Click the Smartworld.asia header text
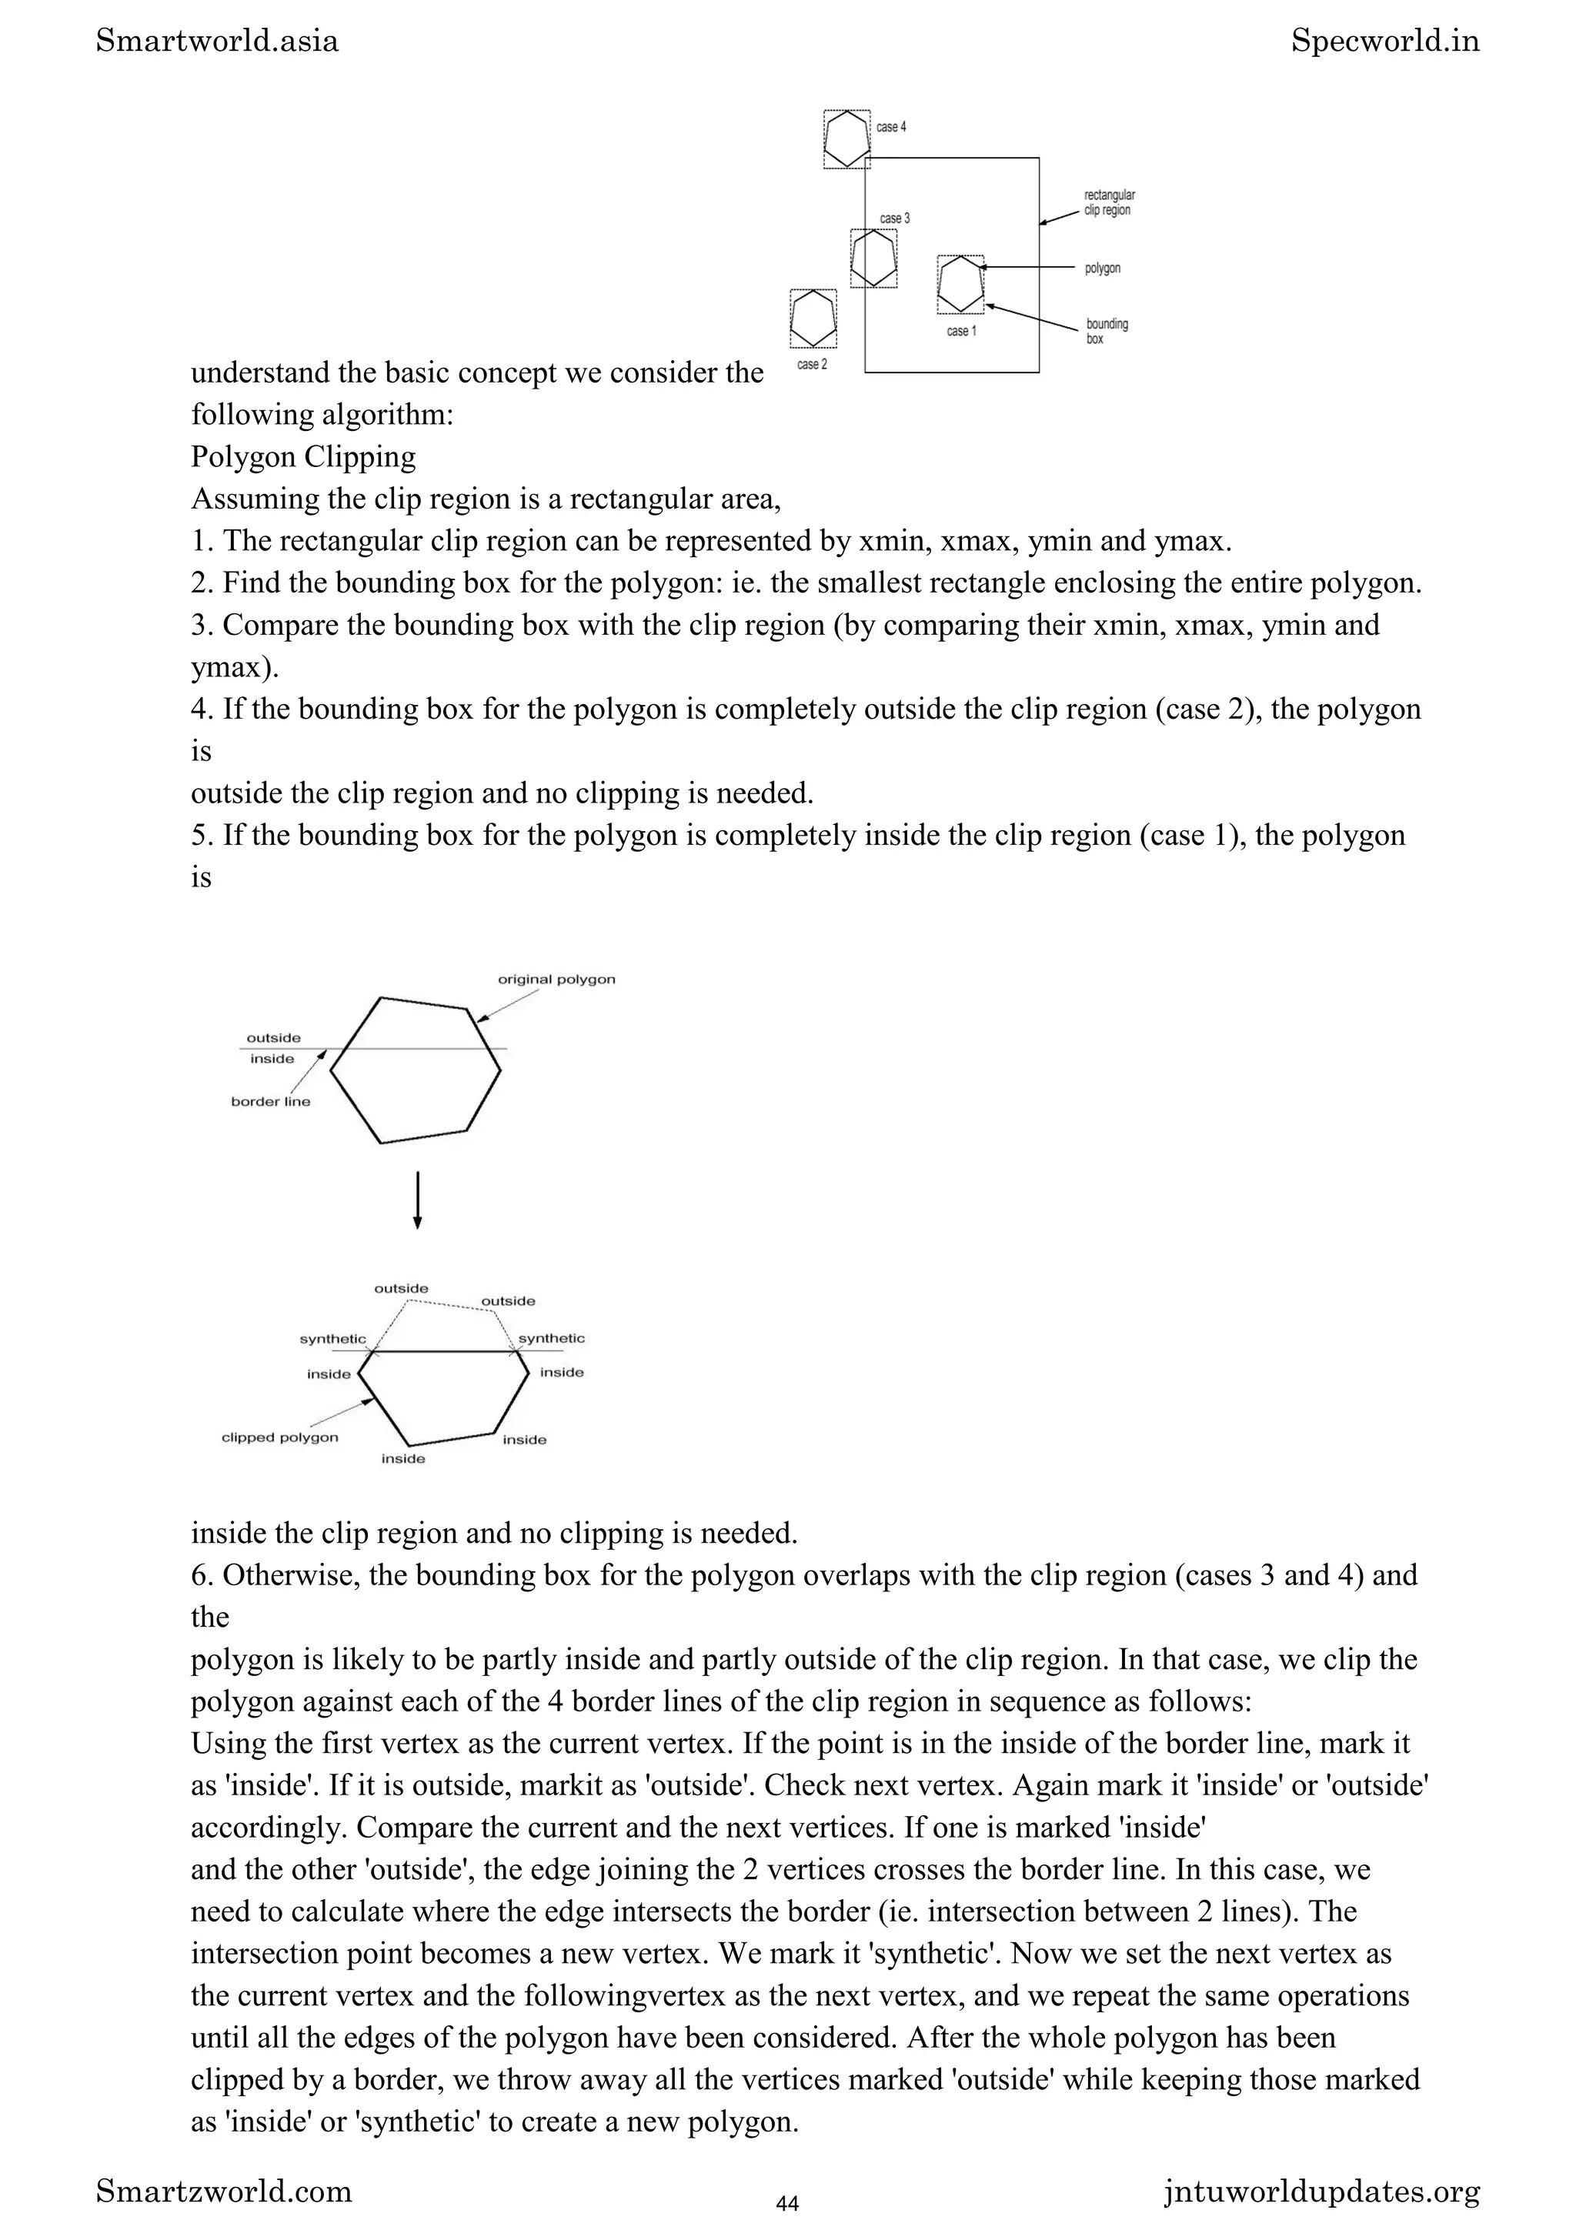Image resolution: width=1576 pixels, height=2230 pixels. (x=218, y=41)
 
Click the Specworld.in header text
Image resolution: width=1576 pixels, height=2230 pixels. (x=1384, y=41)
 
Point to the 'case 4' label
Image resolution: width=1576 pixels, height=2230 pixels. (x=890, y=127)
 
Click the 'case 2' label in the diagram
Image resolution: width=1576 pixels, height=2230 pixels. (x=812, y=364)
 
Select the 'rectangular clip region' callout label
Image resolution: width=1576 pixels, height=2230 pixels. (x=1108, y=203)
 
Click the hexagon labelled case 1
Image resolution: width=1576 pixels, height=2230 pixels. (x=960, y=284)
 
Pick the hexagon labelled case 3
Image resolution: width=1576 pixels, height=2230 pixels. (x=873, y=259)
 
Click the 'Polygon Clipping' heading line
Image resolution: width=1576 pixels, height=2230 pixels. (x=303, y=456)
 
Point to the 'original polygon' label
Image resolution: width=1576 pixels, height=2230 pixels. (x=556, y=979)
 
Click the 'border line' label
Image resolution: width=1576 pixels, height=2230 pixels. (x=270, y=1101)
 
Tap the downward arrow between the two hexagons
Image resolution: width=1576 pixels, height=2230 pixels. (x=418, y=1200)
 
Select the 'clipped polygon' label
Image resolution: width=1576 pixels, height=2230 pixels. (x=279, y=1437)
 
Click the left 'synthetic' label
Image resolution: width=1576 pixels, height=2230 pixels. (x=332, y=1338)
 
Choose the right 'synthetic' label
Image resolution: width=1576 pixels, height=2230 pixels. (x=552, y=1338)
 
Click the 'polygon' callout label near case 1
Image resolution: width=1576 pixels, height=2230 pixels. (x=1102, y=268)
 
